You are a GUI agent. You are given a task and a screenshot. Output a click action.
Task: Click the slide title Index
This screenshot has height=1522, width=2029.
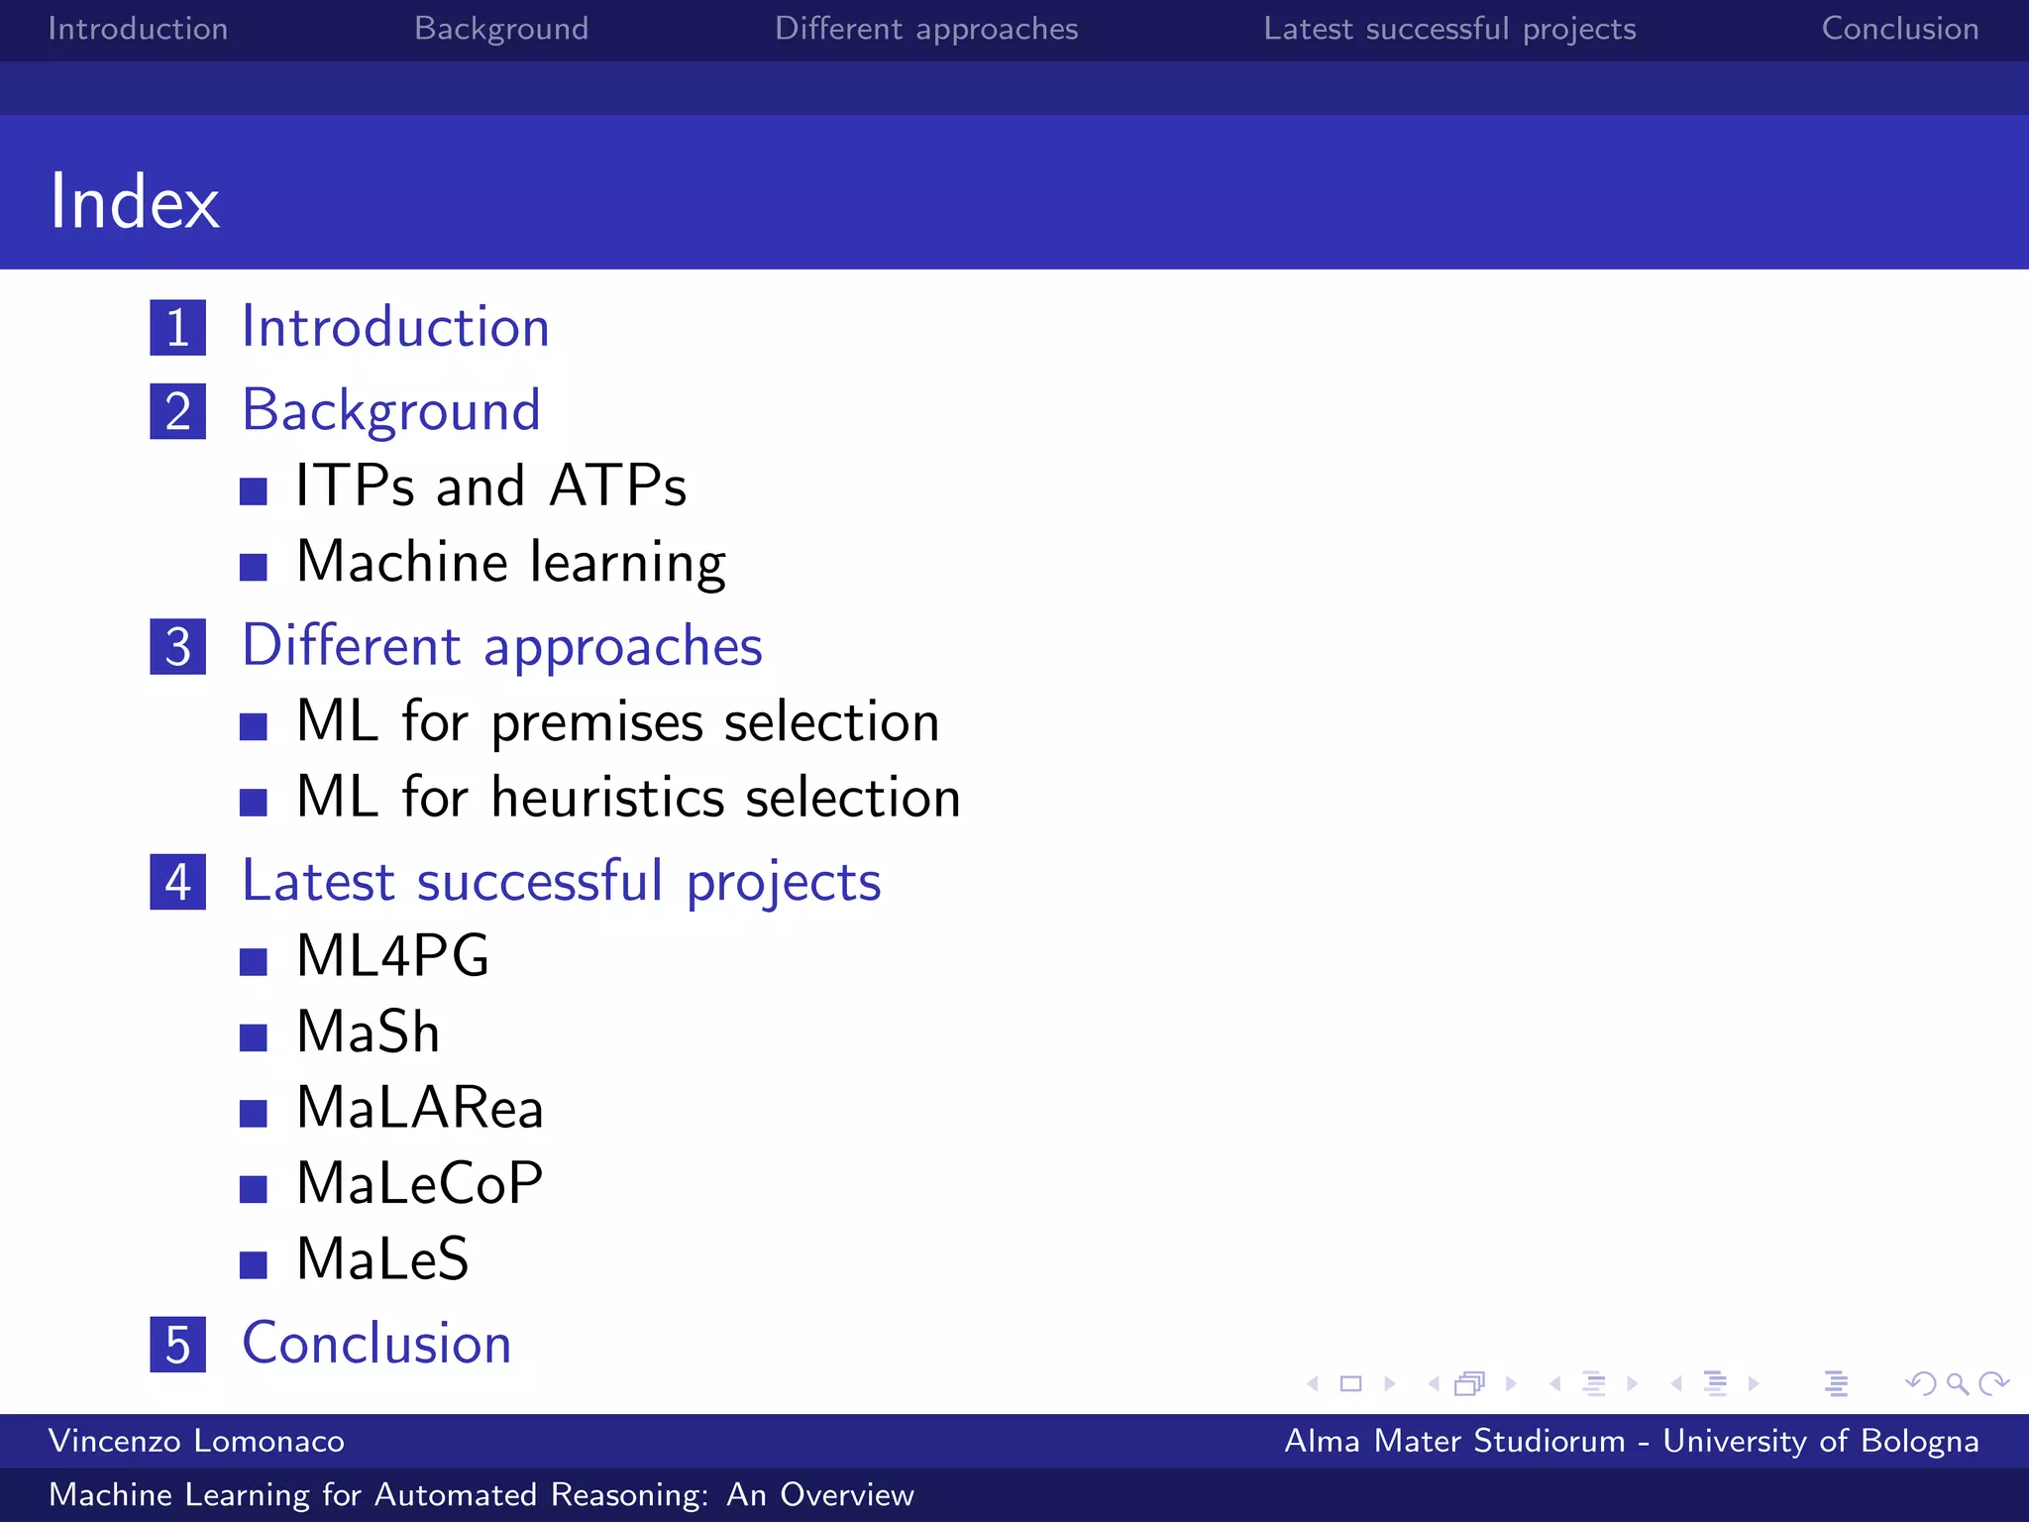tap(135, 201)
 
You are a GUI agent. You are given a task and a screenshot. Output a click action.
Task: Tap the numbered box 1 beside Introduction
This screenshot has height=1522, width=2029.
tap(178, 328)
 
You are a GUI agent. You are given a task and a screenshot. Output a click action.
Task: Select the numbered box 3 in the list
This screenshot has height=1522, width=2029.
tap(178, 647)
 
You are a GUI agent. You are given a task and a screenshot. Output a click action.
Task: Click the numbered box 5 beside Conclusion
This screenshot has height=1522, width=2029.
tap(178, 1345)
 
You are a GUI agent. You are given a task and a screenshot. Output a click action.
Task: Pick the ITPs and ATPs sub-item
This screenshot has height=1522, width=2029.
tap(491, 487)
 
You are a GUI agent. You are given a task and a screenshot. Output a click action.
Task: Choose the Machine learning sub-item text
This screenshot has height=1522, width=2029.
tap(511, 562)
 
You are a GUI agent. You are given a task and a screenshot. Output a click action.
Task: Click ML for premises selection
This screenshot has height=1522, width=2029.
tap(617, 721)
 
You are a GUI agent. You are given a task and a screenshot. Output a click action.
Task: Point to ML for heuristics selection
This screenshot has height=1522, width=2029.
tap(628, 798)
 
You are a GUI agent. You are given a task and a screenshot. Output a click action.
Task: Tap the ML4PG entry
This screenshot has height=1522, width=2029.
tap(393, 956)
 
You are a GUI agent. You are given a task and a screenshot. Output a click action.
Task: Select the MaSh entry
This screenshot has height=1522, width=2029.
tap(369, 1033)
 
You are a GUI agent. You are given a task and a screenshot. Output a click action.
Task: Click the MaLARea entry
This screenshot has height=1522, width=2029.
tap(420, 1108)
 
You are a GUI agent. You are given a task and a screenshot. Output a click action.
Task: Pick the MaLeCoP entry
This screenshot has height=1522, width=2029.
tap(420, 1183)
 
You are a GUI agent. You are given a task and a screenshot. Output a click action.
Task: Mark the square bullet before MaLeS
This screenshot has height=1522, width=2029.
tap(254, 1264)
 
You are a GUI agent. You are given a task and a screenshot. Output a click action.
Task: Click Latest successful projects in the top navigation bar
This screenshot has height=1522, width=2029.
tap(1449, 29)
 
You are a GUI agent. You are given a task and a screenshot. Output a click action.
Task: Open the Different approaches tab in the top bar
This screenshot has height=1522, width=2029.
tap(926, 29)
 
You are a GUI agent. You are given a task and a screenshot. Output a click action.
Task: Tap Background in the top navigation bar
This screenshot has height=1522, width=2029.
tap(501, 29)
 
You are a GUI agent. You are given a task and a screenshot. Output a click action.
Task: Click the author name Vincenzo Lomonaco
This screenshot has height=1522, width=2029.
tap(196, 1441)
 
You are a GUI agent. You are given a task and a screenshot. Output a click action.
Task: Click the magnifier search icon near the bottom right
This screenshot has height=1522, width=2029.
tap(1957, 1383)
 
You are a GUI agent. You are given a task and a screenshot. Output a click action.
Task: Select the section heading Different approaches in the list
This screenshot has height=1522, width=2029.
tap(502, 646)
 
